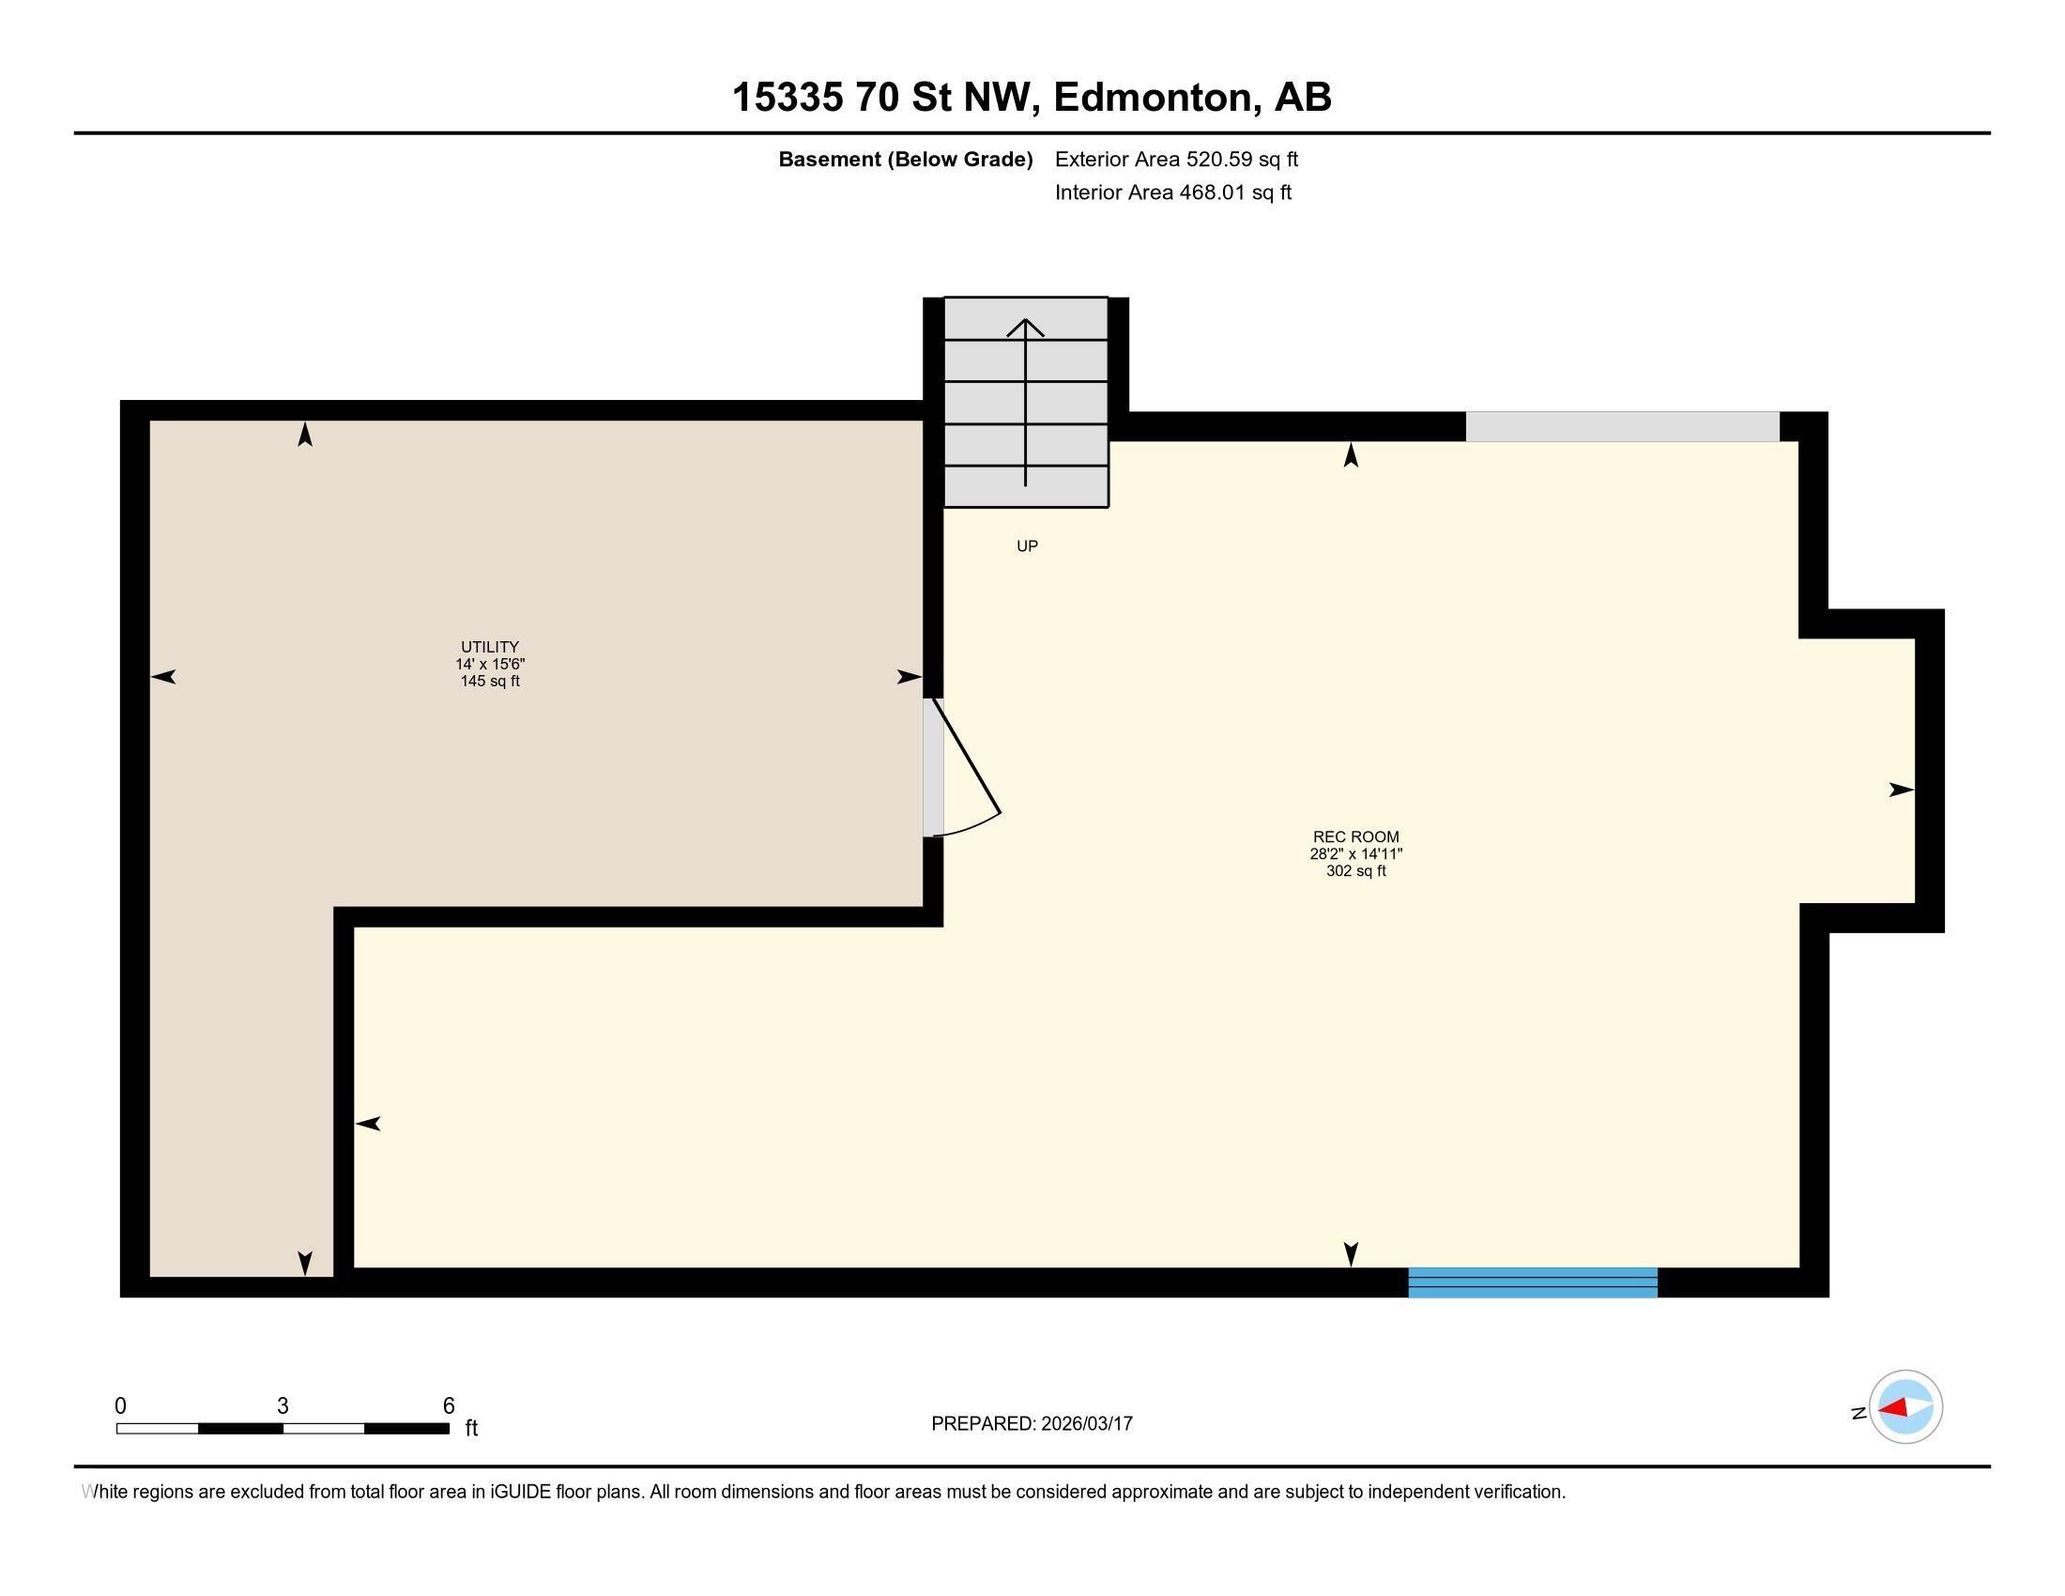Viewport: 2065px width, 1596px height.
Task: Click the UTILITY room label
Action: pyautogui.click(x=490, y=648)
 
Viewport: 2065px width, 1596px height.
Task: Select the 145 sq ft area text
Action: pyautogui.click(x=490, y=682)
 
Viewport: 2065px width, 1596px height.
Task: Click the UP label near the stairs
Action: pyautogui.click(x=1027, y=546)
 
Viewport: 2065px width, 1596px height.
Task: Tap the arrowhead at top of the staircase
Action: pyautogui.click(x=1025, y=327)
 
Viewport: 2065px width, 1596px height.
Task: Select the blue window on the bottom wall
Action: pyautogui.click(x=1532, y=1282)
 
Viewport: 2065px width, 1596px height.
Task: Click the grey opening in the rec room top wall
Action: pyautogui.click(x=1622, y=426)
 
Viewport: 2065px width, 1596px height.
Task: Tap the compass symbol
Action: pyautogui.click(x=1905, y=1407)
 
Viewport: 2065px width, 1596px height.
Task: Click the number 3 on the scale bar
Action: pyautogui.click(x=283, y=1406)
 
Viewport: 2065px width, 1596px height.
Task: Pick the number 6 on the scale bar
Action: pyautogui.click(x=449, y=1406)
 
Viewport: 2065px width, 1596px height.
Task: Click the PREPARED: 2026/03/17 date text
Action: pyautogui.click(x=1032, y=1424)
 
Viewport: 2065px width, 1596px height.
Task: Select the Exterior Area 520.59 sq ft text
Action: pyautogui.click(x=1176, y=160)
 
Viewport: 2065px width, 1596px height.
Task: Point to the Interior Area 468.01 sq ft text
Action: pyautogui.click(x=1172, y=192)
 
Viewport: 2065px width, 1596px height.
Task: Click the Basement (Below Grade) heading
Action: pyautogui.click(x=905, y=160)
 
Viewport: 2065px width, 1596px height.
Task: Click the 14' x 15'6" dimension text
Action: pyautogui.click(x=490, y=665)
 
